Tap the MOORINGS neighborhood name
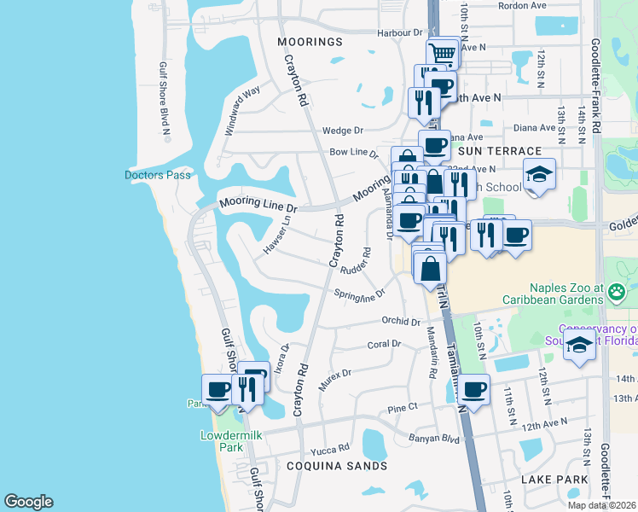tap(309, 41)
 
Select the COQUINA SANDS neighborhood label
tap(336, 466)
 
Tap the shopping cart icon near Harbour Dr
tap(442, 53)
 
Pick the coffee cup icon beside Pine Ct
tap(473, 390)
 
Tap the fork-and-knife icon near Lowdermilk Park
tap(246, 390)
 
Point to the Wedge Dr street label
tap(343, 131)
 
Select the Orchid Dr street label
tap(401, 322)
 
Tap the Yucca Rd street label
tap(331, 448)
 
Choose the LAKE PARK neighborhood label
tap(554, 480)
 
